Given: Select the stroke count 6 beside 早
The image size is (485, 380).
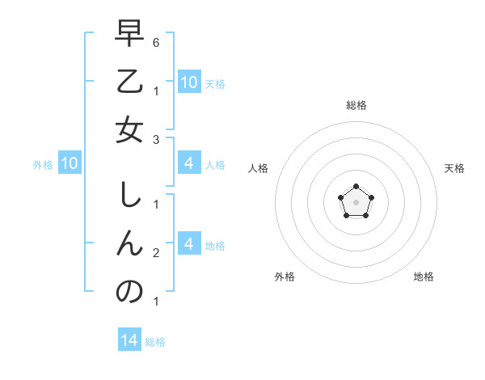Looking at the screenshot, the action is pos(155,41).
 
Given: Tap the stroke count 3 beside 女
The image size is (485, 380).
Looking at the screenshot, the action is pos(155,140).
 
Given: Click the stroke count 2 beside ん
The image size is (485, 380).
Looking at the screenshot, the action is pos(155,253).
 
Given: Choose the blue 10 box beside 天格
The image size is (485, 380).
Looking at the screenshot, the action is pos(189,82).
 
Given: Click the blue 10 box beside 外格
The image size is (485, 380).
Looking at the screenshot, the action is pos(70,164).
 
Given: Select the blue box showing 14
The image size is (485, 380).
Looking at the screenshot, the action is pos(129,340).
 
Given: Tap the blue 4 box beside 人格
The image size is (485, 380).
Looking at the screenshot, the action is pos(189,164).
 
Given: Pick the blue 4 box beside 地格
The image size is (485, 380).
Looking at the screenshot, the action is pos(189,244).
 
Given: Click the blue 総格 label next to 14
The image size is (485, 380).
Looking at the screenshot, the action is pos(155,342).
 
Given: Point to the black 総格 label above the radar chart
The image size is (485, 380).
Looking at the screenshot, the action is pos(356,106).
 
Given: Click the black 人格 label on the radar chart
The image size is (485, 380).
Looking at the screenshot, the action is pos(259,168).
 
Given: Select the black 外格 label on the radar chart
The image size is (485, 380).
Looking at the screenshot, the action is pos(285,277).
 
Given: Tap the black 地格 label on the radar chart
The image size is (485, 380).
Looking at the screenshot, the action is pos(424,277).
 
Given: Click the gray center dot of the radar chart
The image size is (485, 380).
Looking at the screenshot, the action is pos(356,201).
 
